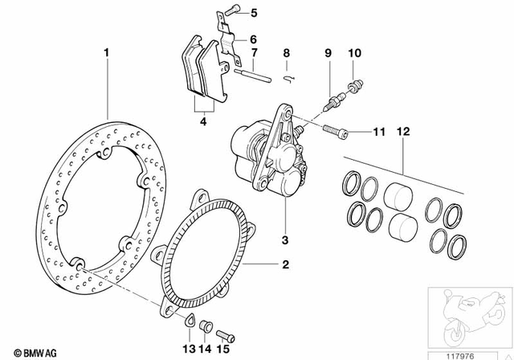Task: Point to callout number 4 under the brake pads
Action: [x=202, y=122]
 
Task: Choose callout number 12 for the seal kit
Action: [x=402, y=130]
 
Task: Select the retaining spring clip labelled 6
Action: [x=227, y=40]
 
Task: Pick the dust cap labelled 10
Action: [x=355, y=84]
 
